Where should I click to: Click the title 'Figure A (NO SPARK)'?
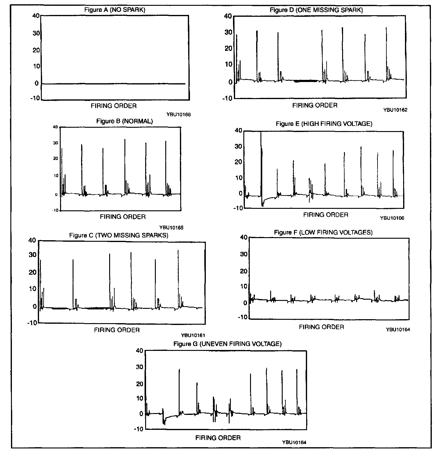point(115,10)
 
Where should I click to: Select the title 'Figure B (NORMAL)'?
point(124,121)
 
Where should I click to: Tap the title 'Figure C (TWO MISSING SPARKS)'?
point(119,235)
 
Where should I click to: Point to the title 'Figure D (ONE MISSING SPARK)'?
point(316,10)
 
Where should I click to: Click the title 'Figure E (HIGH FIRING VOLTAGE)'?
point(324,123)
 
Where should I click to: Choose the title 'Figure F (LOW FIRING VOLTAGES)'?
point(323,232)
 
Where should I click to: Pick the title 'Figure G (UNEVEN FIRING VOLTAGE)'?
point(227,344)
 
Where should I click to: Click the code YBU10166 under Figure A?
point(178,115)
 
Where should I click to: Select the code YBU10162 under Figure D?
point(395,110)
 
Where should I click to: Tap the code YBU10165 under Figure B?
point(171,227)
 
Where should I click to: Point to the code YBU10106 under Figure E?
point(392,218)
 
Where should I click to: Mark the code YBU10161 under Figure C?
point(193,335)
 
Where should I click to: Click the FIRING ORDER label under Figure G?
point(218,438)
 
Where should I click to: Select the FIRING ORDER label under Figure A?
point(113,106)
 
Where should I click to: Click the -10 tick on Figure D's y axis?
point(227,98)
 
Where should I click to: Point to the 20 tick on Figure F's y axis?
point(243,271)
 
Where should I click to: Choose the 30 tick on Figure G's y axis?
point(139,367)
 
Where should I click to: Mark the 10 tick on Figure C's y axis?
point(32,288)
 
